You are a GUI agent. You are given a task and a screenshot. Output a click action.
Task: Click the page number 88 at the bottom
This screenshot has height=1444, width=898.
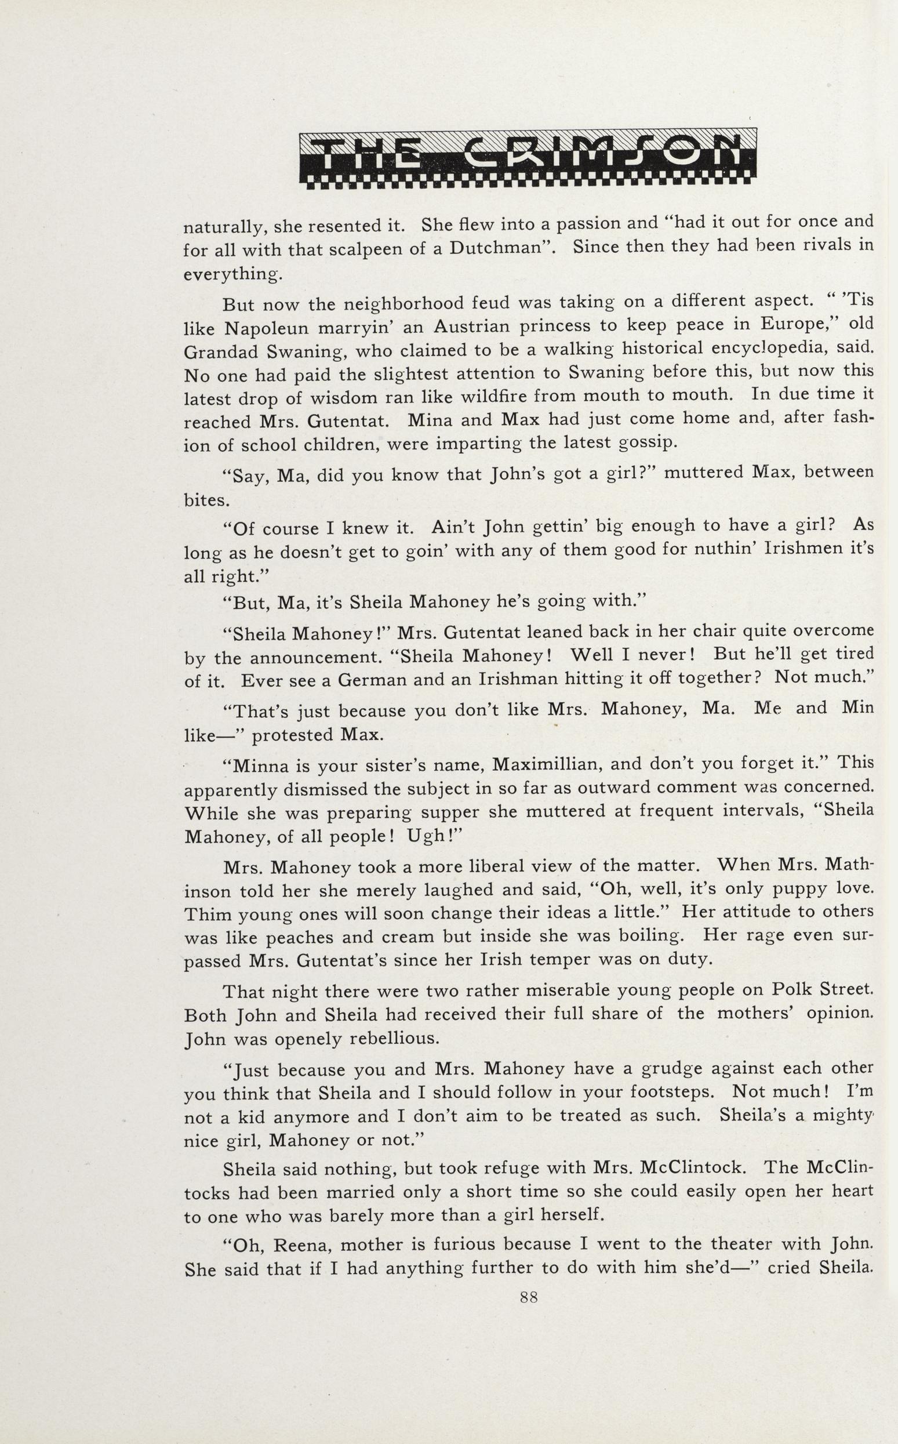click(x=529, y=1298)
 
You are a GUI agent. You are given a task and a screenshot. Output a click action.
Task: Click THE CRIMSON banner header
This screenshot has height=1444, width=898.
click(x=528, y=158)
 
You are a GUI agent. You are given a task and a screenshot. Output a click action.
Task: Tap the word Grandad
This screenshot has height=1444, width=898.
click(x=221, y=352)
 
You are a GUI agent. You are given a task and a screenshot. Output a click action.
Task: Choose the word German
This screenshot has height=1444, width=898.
click(x=372, y=680)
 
